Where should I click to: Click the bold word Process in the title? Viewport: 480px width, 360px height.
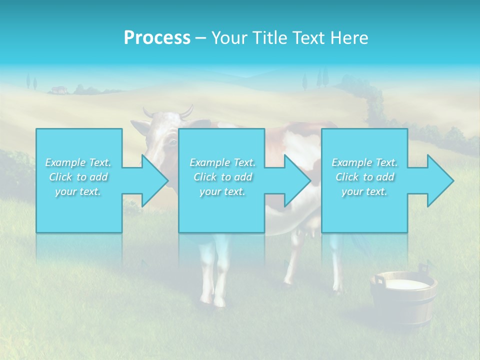pos(157,38)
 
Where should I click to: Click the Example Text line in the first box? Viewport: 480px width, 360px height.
pos(78,162)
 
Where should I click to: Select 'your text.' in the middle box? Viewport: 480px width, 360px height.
pos(222,191)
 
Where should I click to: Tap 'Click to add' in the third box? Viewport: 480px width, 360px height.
pos(365,177)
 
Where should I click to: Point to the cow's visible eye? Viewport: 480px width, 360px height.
pos(173,142)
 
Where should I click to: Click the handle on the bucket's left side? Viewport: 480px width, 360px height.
pos(378,280)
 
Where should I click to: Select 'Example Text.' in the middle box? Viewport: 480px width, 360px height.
pos(222,162)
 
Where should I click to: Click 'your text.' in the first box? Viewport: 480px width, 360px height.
pos(78,191)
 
